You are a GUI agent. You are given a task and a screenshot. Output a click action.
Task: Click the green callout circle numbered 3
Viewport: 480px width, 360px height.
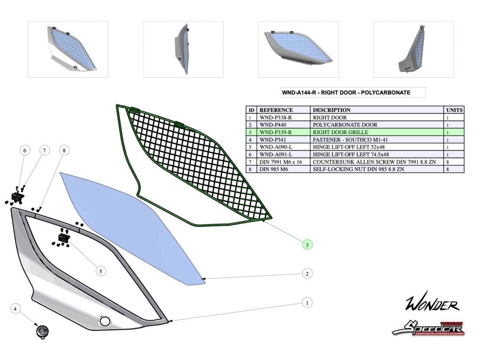click(307, 244)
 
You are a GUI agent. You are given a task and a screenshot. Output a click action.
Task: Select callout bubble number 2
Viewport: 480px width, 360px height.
click(307, 273)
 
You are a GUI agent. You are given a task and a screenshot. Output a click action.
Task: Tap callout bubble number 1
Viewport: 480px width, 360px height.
click(307, 302)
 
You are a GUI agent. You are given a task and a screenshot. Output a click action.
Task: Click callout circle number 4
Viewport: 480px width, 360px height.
click(15, 309)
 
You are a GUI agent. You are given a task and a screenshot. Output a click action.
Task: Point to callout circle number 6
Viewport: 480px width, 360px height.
click(25, 150)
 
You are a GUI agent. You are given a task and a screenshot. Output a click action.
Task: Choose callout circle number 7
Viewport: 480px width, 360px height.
click(44, 150)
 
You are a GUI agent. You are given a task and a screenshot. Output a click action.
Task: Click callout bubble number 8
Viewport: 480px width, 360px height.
click(64, 150)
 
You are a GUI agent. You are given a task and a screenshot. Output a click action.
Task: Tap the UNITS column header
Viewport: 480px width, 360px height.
click(454, 110)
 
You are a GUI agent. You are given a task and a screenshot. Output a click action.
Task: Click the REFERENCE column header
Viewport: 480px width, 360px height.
click(277, 110)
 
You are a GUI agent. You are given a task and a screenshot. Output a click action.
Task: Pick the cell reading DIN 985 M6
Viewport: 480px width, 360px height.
click(274, 169)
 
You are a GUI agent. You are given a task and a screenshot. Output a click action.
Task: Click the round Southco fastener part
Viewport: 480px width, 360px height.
click(43, 331)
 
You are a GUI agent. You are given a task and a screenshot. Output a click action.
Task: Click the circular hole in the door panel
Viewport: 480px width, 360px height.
click(105, 322)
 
